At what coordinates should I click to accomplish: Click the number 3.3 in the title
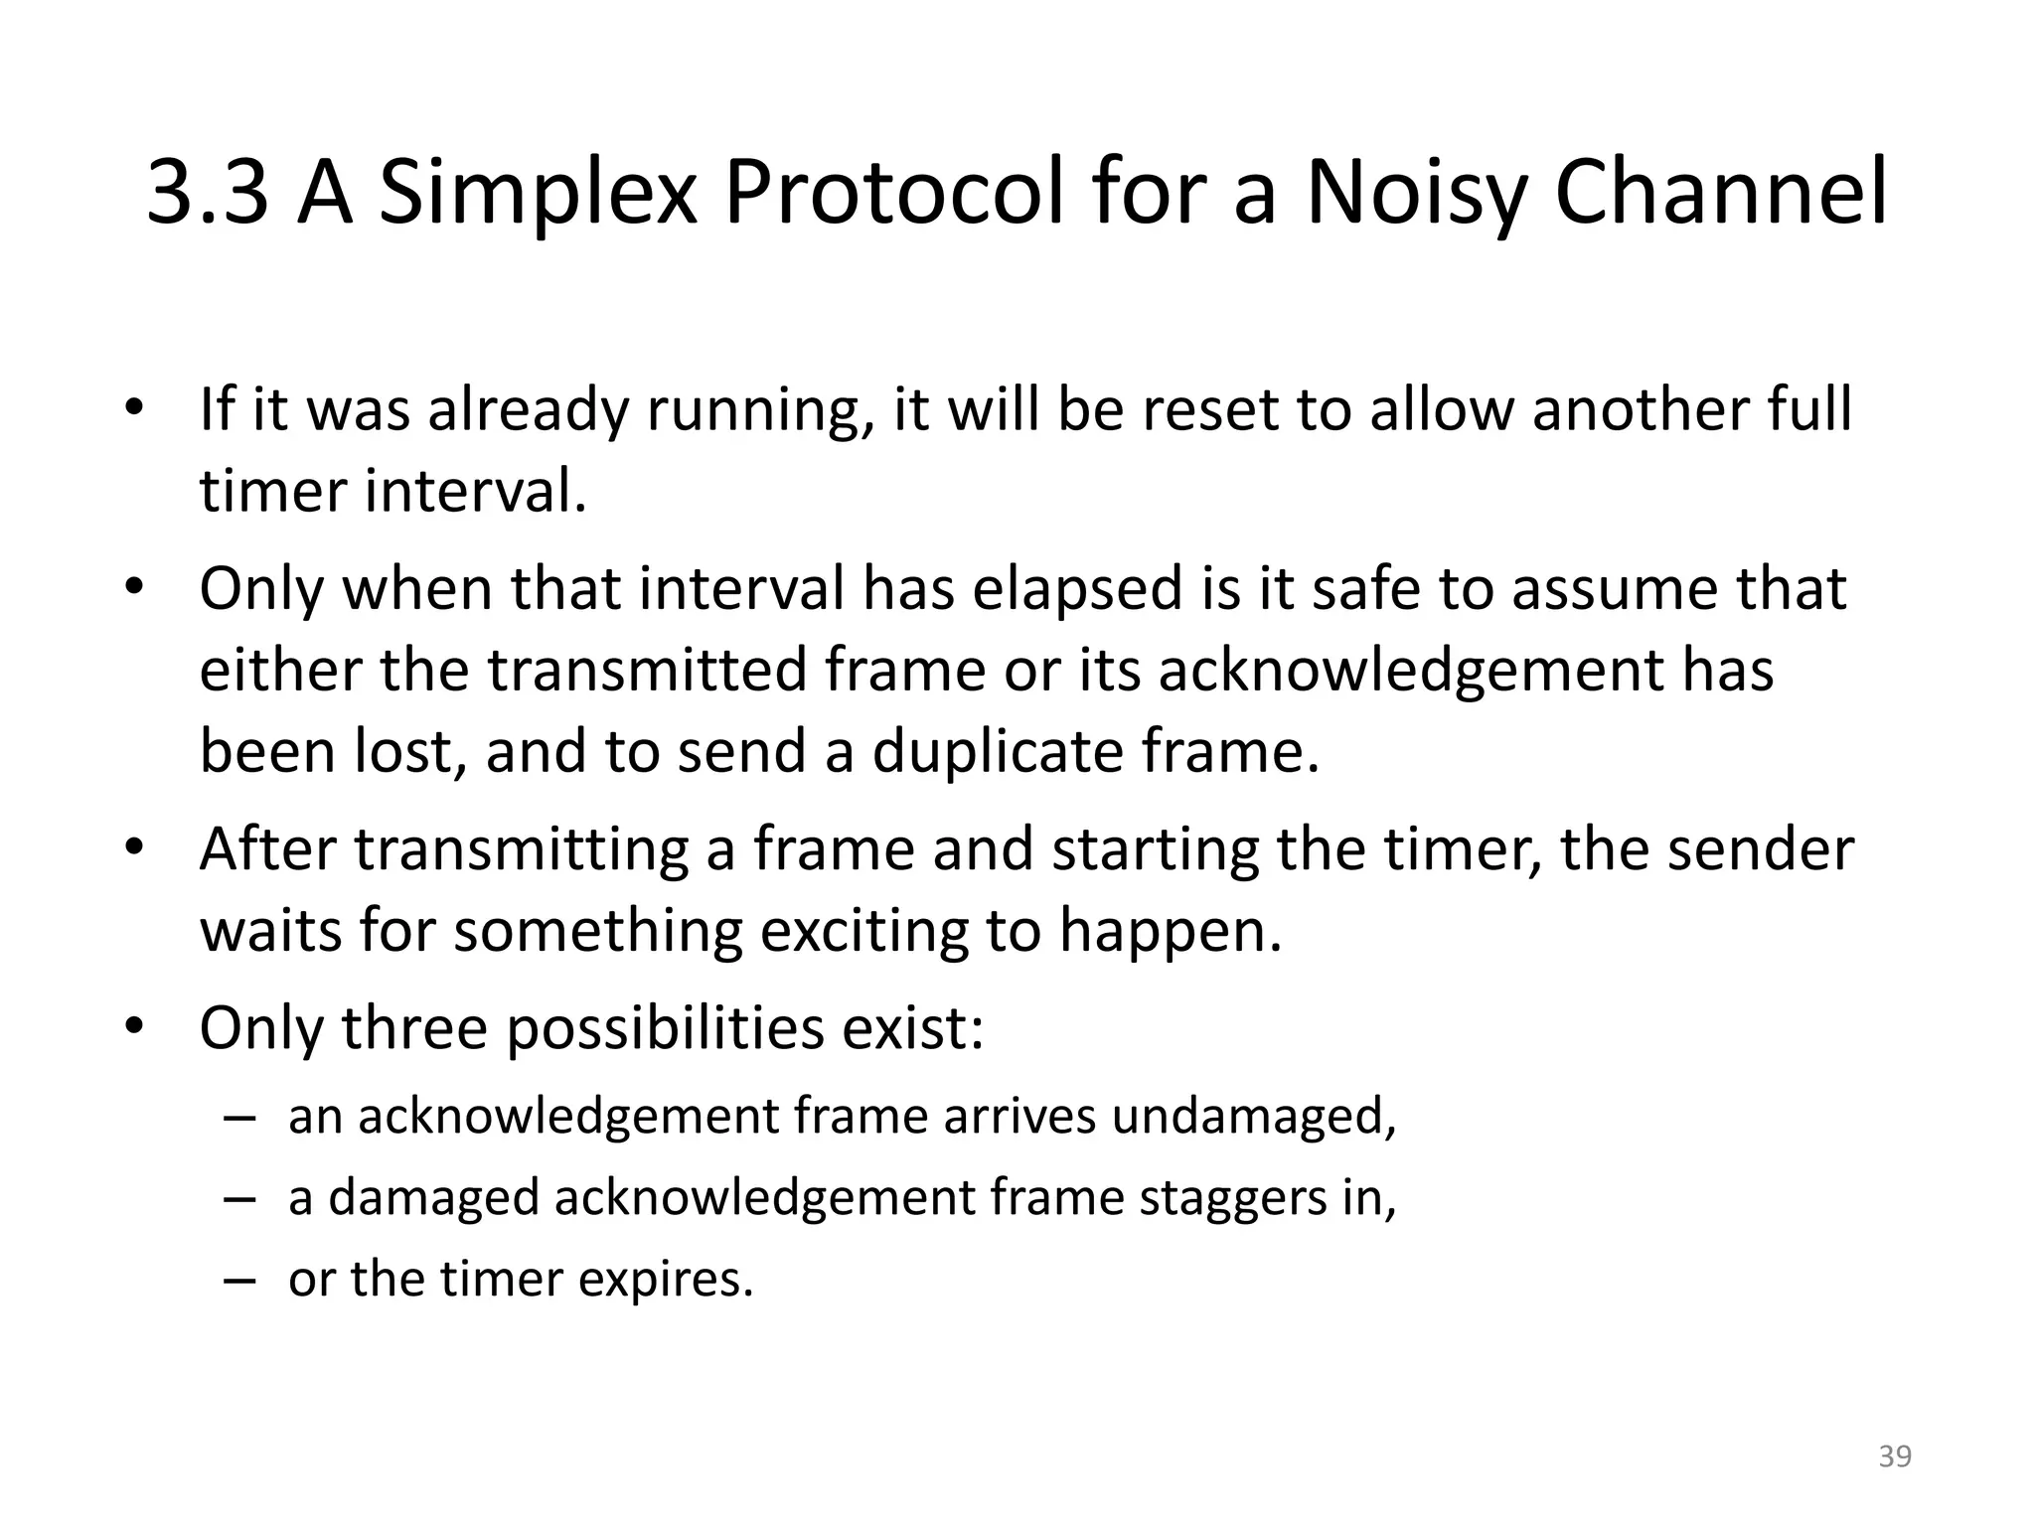click(x=207, y=194)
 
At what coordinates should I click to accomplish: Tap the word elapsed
click(x=1078, y=590)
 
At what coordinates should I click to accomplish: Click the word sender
click(x=1760, y=850)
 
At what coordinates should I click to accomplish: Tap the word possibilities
click(x=666, y=1028)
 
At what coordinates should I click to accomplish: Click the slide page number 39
click(x=1895, y=1456)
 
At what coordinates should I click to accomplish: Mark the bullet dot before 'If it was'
click(x=135, y=409)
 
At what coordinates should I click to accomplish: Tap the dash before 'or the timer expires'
click(x=239, y=1280)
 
